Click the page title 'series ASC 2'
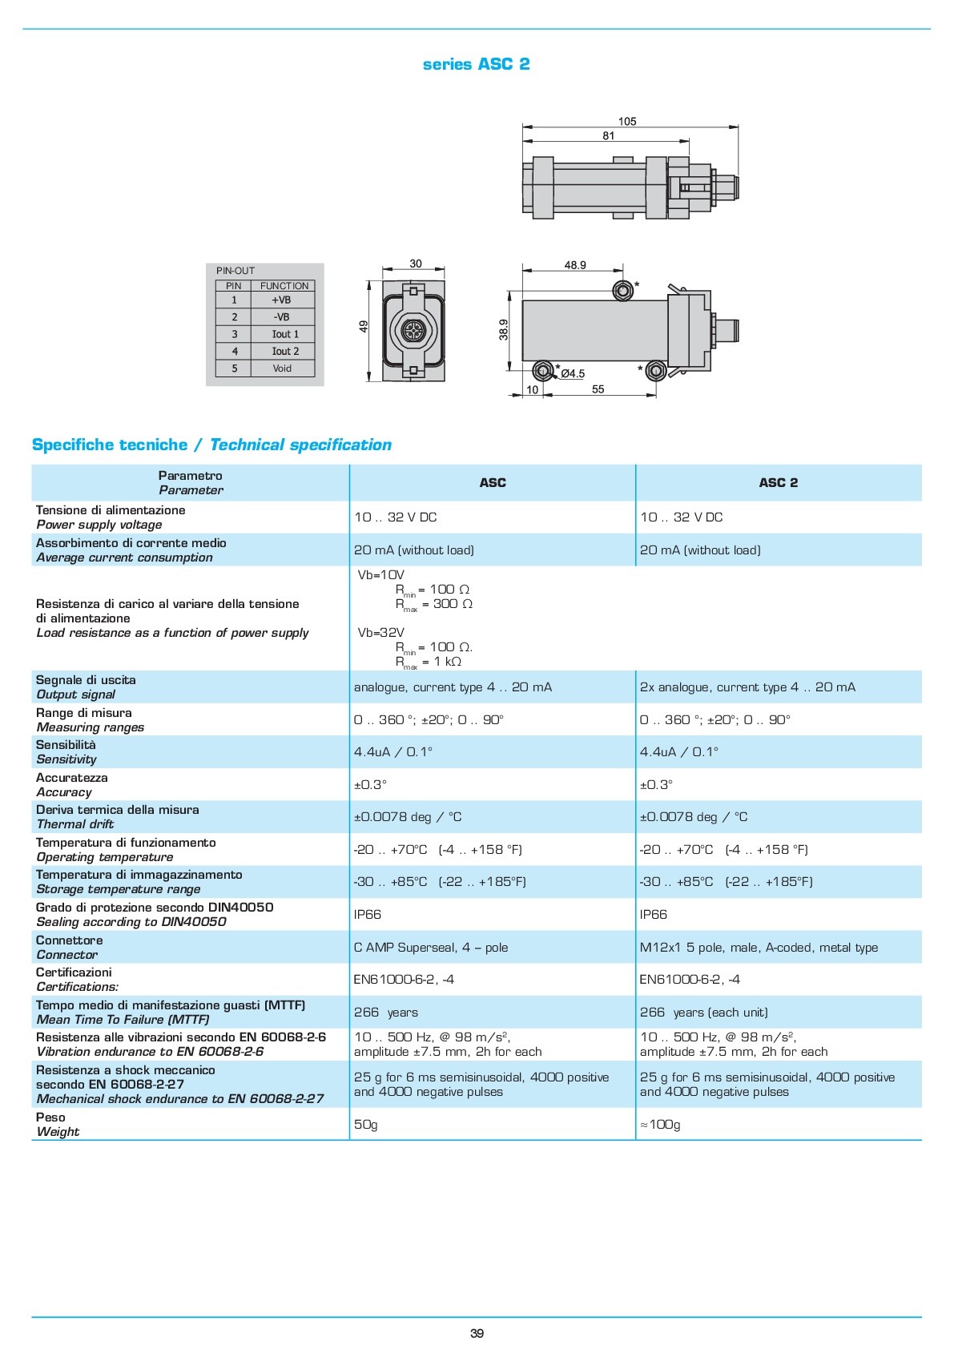tap(476, 64)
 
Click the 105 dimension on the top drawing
tap(627, 122)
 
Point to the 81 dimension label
tap(609, 136)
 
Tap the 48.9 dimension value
tap(575, 265)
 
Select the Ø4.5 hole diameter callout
tap(573, 373)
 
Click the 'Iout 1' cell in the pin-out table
tap(284, 334)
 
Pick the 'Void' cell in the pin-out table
tap(282, 368)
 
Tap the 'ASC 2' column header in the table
tap(778, 483)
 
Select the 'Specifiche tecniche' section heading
tap(110, 445)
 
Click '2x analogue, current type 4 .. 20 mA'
tap(747, 687)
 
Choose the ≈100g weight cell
tap(660, 1125)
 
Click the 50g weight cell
tap(365, 1125)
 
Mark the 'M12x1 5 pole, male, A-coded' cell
tap(759, 948)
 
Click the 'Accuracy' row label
tap(64, 792)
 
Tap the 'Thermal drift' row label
tap(75, 824)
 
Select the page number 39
tap(477, 1334)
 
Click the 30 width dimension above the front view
tap(415, 264)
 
